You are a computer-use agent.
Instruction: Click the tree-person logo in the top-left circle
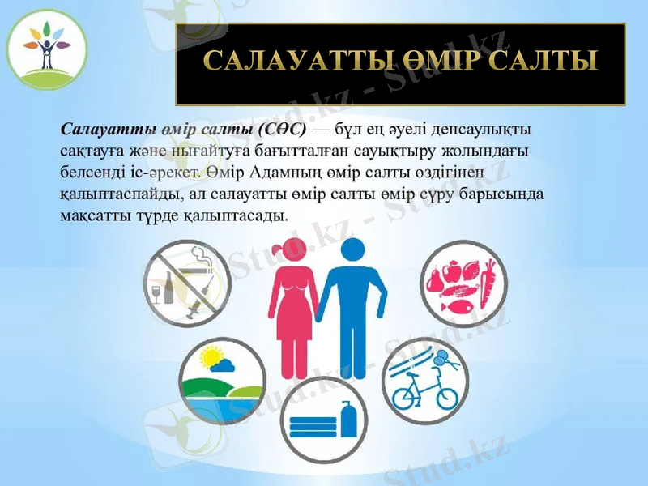pyautogui.click(x=46, y=50)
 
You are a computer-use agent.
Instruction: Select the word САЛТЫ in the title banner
pyautogui.click(x=544, y=62)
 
